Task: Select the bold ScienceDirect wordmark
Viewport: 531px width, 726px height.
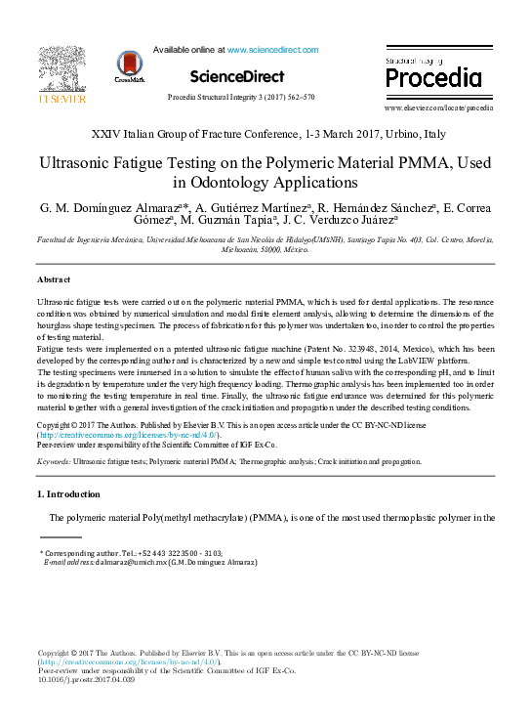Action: (x=237, y=76)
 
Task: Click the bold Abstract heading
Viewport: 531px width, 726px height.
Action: (x=54, y=279)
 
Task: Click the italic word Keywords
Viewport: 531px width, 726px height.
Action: (x=52, y=460)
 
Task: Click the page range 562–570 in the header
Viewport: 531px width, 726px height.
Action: (x=299, y=98)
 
